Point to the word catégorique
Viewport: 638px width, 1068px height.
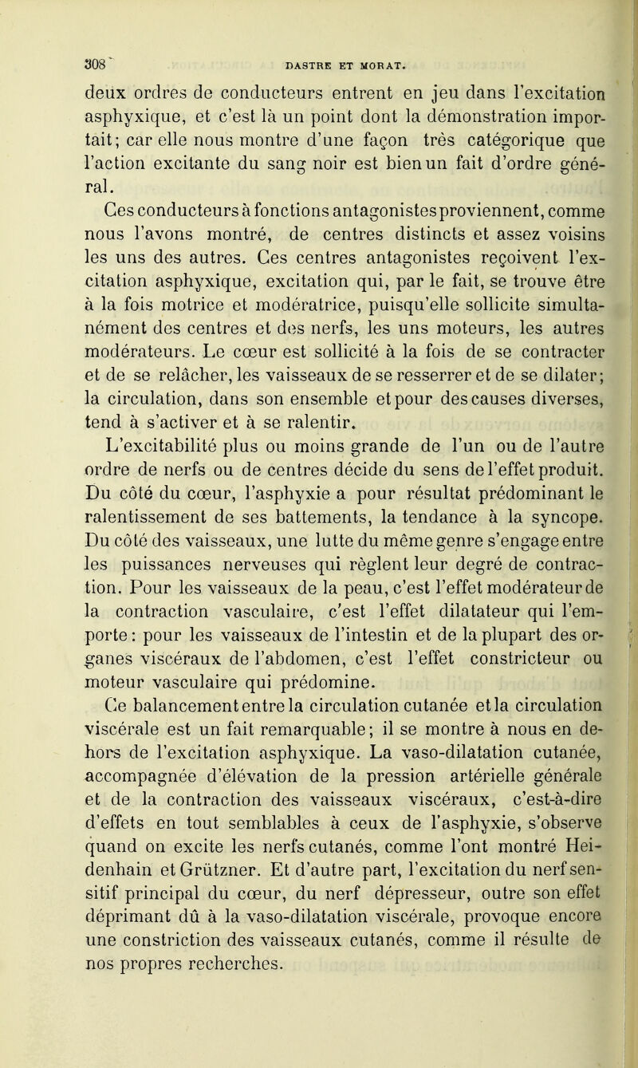(x=514, y=142)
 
